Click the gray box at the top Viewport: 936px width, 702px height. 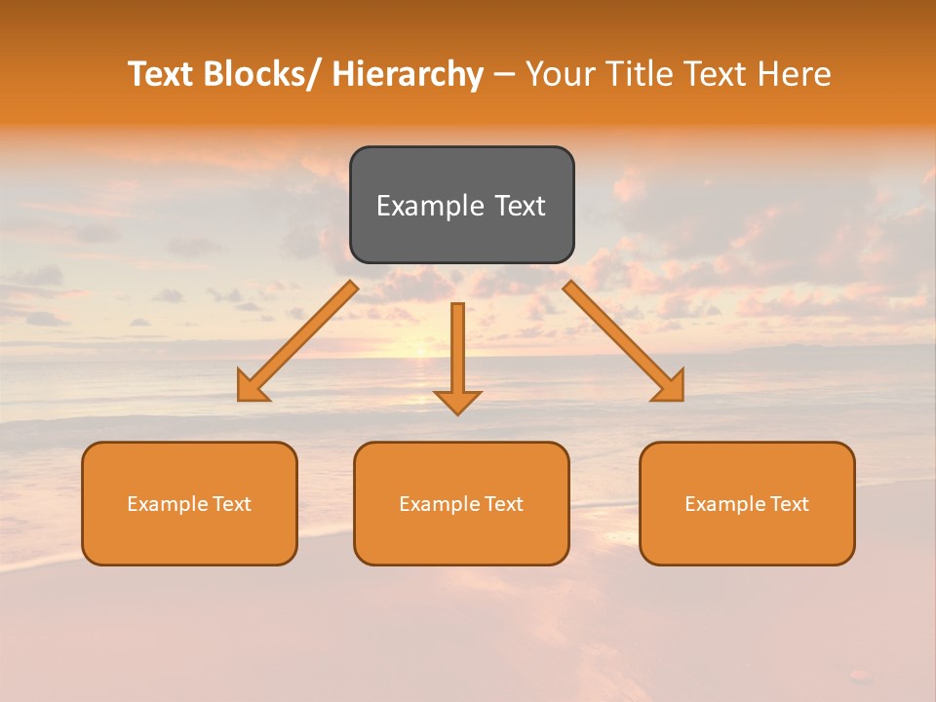461,205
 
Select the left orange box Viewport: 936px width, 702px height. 189,503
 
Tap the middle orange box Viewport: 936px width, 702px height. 461,503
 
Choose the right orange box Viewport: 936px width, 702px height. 747,503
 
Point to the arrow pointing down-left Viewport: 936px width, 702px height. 298,341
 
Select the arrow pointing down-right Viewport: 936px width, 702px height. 623,340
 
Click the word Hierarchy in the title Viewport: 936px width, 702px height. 408,74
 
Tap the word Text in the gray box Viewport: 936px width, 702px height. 520,206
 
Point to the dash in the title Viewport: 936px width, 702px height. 504,75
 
